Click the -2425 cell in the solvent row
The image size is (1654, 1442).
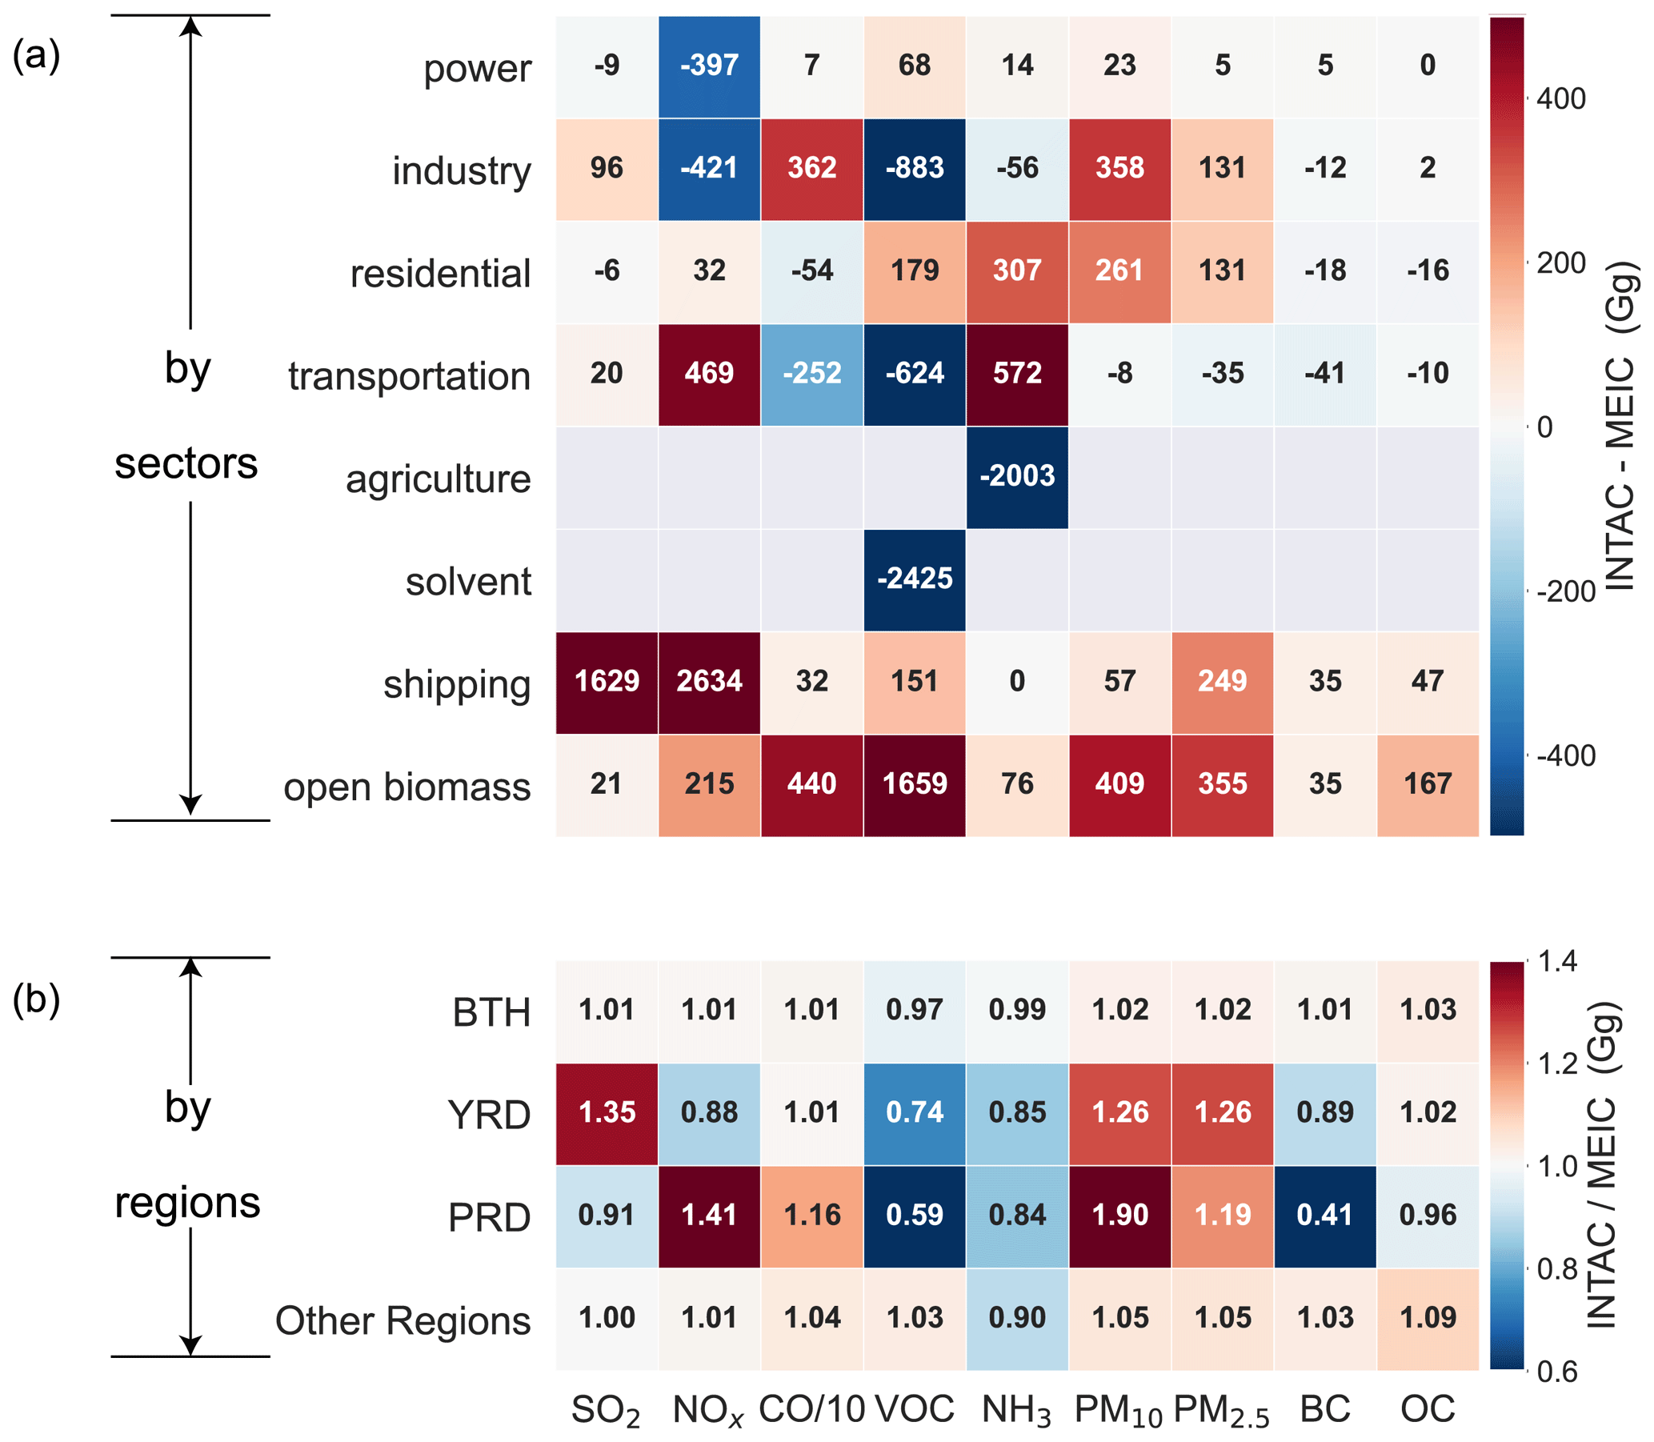click(915, 579)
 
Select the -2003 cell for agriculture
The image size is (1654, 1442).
click(1017, 476)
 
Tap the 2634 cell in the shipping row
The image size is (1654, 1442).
click(709, 682)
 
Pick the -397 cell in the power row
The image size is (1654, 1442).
click(709, 66)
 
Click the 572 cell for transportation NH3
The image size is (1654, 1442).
click(1017, 374)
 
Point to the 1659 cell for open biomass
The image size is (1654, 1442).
click(915, 784)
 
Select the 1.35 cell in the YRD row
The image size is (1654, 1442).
click(607, 1113)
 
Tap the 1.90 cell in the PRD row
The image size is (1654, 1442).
click(1119, 1215)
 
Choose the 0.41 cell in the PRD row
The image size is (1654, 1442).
click(1325, 1215)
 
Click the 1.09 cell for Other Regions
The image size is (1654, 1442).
click(1428, 1318)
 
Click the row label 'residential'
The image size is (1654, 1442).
click(440, 274)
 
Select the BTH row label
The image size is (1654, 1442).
click(491, 1012)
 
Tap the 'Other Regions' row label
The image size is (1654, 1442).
click(402, 1320)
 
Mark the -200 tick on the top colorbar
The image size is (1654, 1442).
click(1564, 591)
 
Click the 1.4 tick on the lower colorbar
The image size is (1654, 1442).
click(1556, 963)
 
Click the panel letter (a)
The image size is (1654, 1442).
click(36, 56)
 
